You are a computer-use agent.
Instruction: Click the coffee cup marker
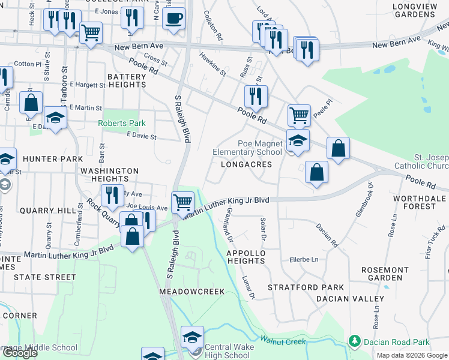pyautogui.click(x=174, y=18)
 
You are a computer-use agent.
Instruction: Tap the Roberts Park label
pyautogui.click(x=122, y=124)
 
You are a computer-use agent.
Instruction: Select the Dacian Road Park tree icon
pyautogui.click(x=355, y=342)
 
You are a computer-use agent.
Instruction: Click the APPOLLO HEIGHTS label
pyautogui.click(x=246, y=257)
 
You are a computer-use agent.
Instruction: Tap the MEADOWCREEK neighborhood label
pyautogui.click(x=191, y=292)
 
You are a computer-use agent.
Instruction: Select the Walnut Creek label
pyautogui.click(x=283, y=341)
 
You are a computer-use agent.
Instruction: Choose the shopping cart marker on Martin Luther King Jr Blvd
pyautogui.click(x=182, y=202)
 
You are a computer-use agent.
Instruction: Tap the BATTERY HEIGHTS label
pyautogui.click(x=126, y=81)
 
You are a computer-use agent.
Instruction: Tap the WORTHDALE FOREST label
pyautogui.click(x=419, y=202)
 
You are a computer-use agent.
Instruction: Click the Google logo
pyautogui.click(x=20, y=353)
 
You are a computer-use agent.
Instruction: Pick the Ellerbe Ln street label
pyautogui.click(x=303, y=259)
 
